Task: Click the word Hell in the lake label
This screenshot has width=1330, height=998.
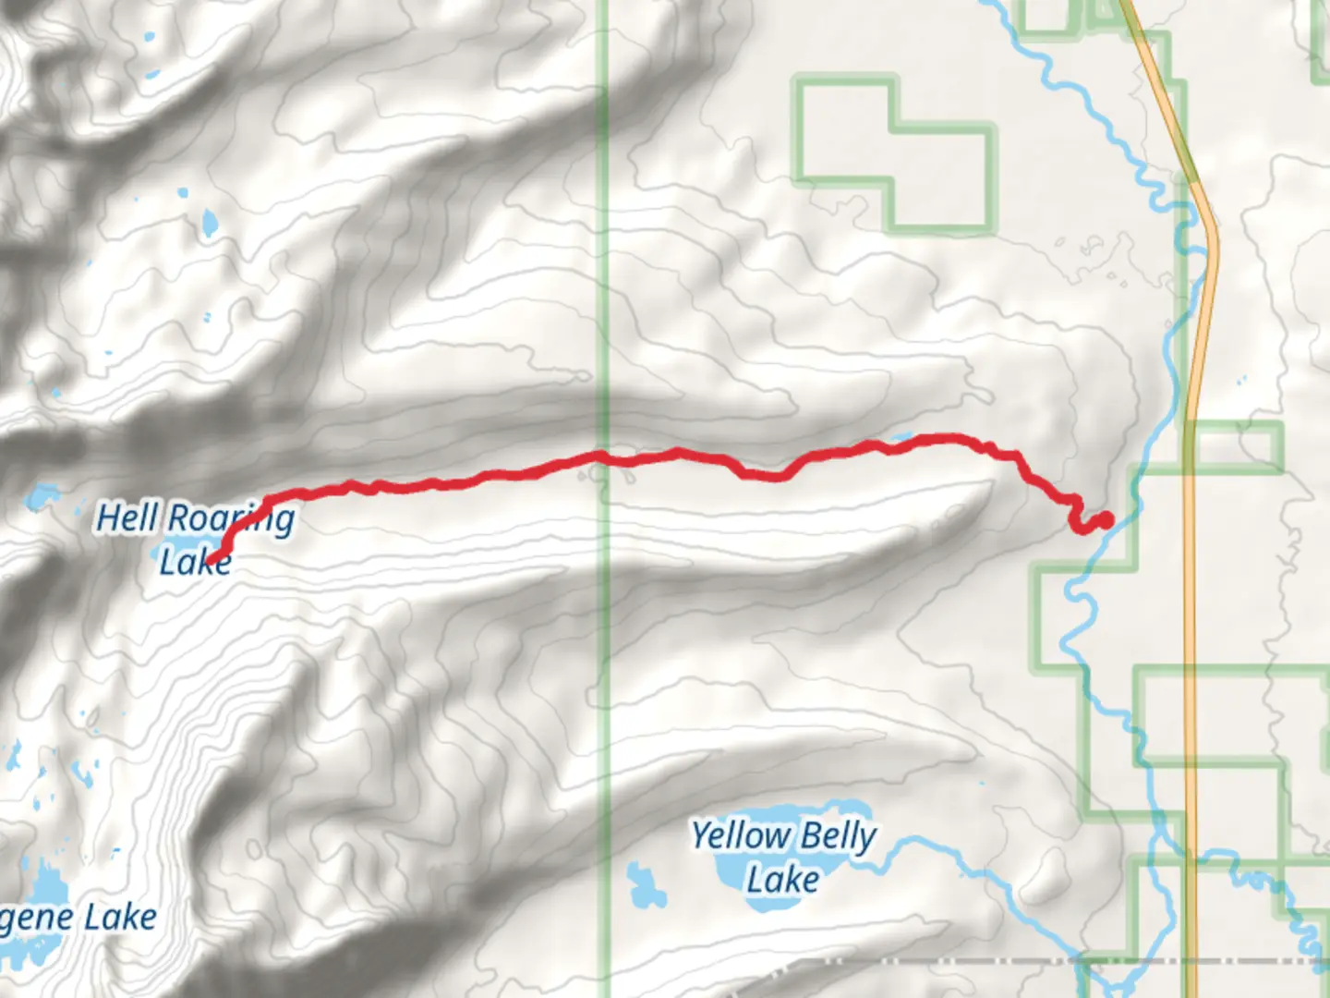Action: [127, 517]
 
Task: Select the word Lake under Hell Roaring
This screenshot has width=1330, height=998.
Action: [194, 561]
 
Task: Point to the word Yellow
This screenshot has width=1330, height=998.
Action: [741, 835]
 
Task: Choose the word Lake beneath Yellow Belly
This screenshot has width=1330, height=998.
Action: [782, 879]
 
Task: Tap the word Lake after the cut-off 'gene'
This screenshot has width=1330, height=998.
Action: [120, 918]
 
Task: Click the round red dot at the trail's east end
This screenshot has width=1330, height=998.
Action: [1105, 519]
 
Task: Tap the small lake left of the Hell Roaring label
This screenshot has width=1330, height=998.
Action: [39, 497]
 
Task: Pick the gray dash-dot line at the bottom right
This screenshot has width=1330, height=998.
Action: [1016, 961]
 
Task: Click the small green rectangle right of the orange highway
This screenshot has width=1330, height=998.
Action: [1235, 446]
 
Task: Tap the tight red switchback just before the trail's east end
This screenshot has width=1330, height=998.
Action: [1075, 517]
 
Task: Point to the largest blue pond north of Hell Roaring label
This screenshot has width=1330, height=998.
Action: [210, 222]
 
